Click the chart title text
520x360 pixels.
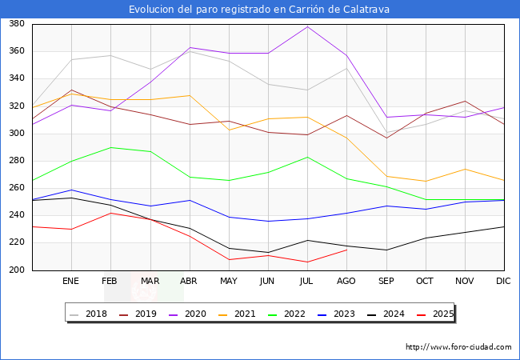click(260, 10)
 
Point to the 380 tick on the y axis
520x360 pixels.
click(16, 24)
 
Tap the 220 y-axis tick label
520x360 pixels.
click(16, 243)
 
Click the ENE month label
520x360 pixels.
click(71, 281)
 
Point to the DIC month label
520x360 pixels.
click(503, 281)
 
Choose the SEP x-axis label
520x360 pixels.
click(386, 281)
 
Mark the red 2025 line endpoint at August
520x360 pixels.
click(346, 250)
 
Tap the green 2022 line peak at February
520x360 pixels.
click(110, 147)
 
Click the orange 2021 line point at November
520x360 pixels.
click(464, 169)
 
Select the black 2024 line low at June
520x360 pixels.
click(268, 252)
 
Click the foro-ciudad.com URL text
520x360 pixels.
click(458, 347)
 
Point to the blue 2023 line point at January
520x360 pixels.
click(71, 190)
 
